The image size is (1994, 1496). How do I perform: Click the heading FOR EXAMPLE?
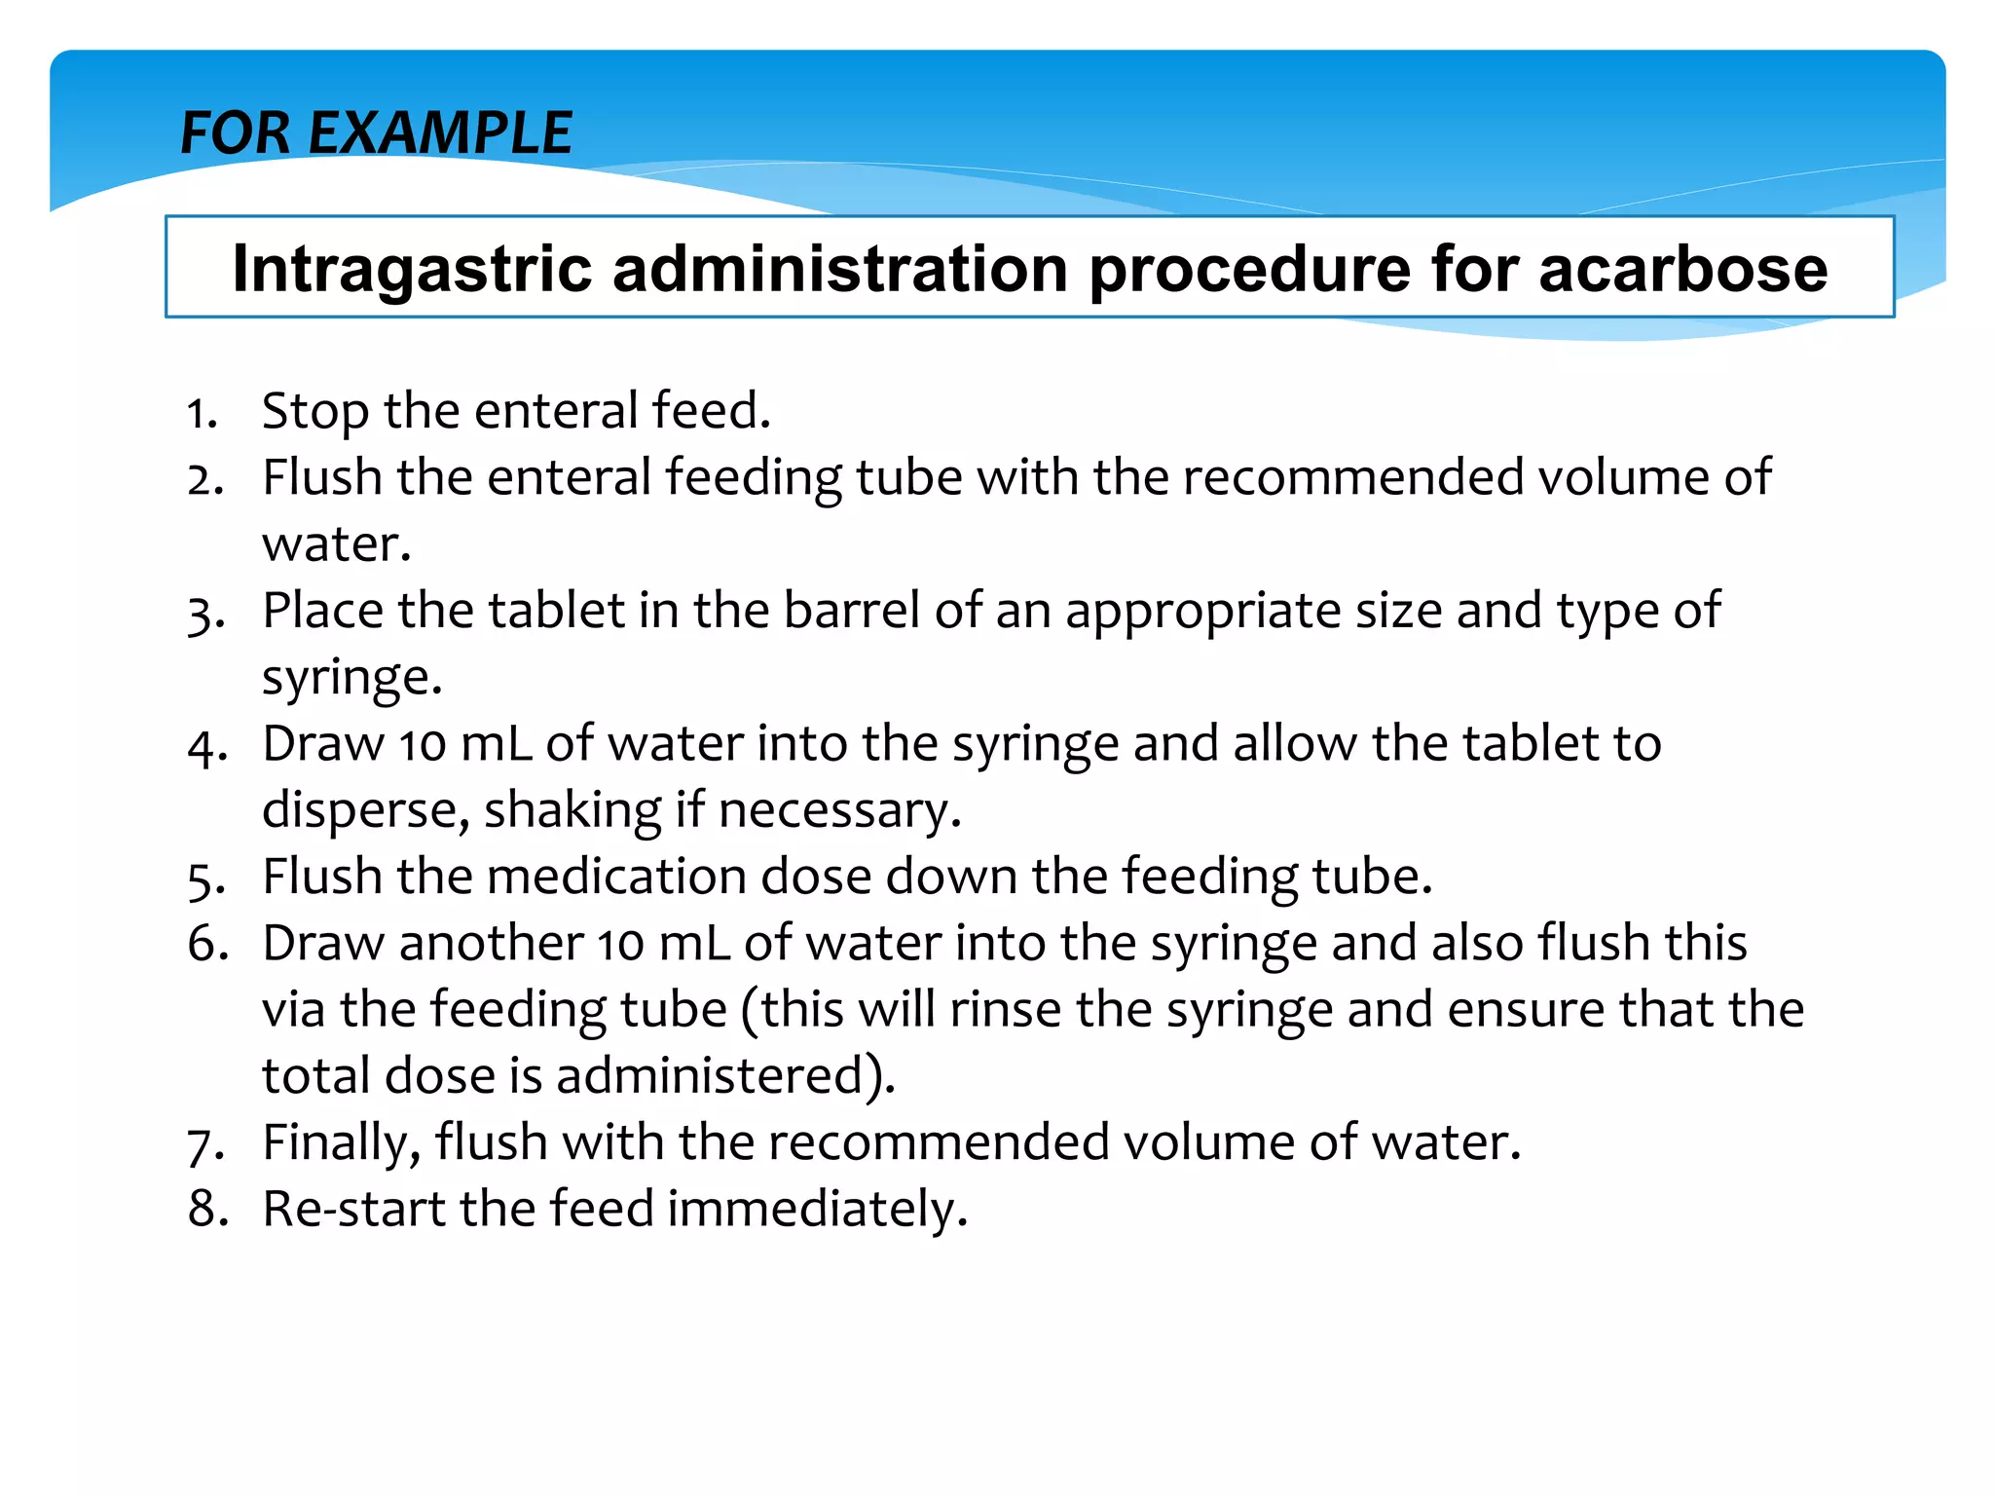[376, 133]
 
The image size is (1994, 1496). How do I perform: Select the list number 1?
[201, 414]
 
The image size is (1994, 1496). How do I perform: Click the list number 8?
[207, 1211]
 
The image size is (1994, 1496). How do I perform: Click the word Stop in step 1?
[316, 412]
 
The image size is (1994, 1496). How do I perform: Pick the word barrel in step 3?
[852, 612]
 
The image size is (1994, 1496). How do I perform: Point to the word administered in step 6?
[722, 1076]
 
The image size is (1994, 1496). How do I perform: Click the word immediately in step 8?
[817, 1211]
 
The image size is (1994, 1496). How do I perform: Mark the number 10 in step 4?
[422, 746]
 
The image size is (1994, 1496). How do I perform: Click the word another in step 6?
[491, 944]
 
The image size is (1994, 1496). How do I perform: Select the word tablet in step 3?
[556, 612]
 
